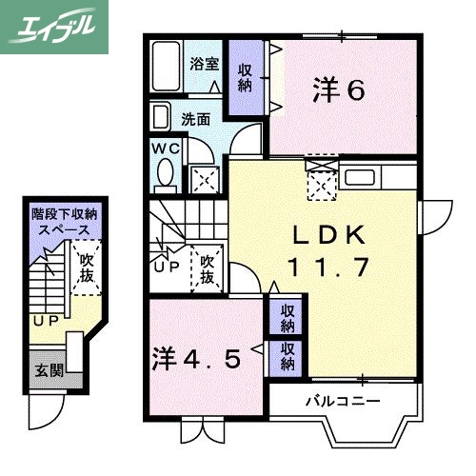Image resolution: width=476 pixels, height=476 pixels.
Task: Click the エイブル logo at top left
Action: point(54,27)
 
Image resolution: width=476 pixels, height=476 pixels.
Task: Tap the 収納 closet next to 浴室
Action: point(246,77)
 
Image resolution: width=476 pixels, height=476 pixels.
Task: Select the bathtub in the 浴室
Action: point(169,66)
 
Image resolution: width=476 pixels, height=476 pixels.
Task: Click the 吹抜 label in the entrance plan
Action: point(87,268)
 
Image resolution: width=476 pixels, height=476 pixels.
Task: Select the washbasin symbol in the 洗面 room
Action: point(160,120)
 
